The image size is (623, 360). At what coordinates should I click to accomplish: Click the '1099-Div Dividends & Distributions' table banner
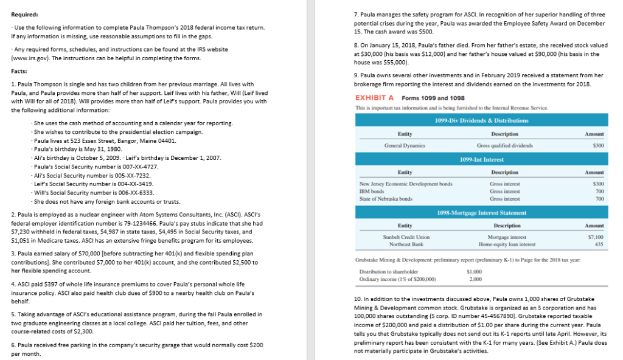pos(475,120)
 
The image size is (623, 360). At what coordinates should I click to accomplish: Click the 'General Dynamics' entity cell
pos(405,145)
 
